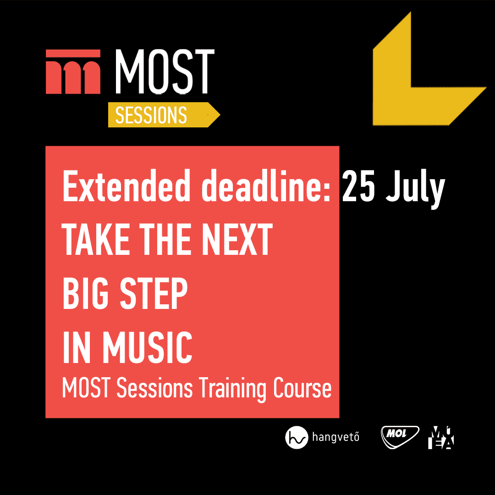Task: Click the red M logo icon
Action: [73, 71]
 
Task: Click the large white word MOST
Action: [165, 71]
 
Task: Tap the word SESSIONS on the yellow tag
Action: [151, 115]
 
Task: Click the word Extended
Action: [126, 186]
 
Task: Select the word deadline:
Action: [266, 186]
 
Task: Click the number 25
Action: [358, 186]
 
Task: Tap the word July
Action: [415, 189]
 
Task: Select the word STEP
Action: [154, 293]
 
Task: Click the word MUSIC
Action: [148, 347]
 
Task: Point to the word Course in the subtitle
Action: [302, 388]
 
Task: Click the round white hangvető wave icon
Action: [297, 437]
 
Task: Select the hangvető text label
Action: [335, 437]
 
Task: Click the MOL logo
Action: [400, 437]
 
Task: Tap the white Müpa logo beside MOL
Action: [441, 437]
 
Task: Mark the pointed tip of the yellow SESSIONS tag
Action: [220, 115]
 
